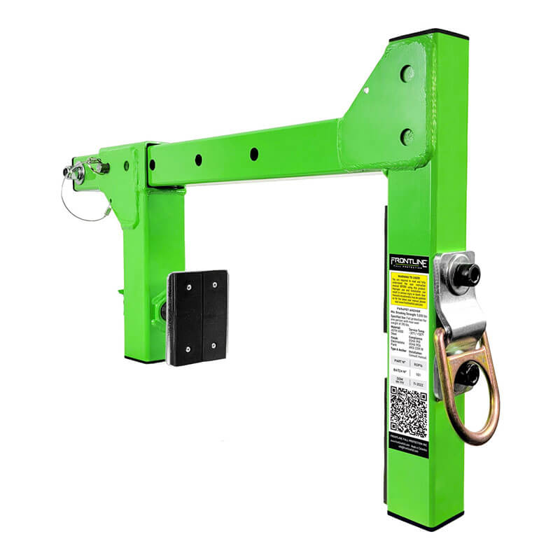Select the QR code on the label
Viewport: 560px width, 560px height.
[408, 411]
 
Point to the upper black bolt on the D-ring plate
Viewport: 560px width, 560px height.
[464, 275]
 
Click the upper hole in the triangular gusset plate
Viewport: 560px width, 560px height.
[407, 73]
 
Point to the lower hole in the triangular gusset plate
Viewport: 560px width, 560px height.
[407, 136]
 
